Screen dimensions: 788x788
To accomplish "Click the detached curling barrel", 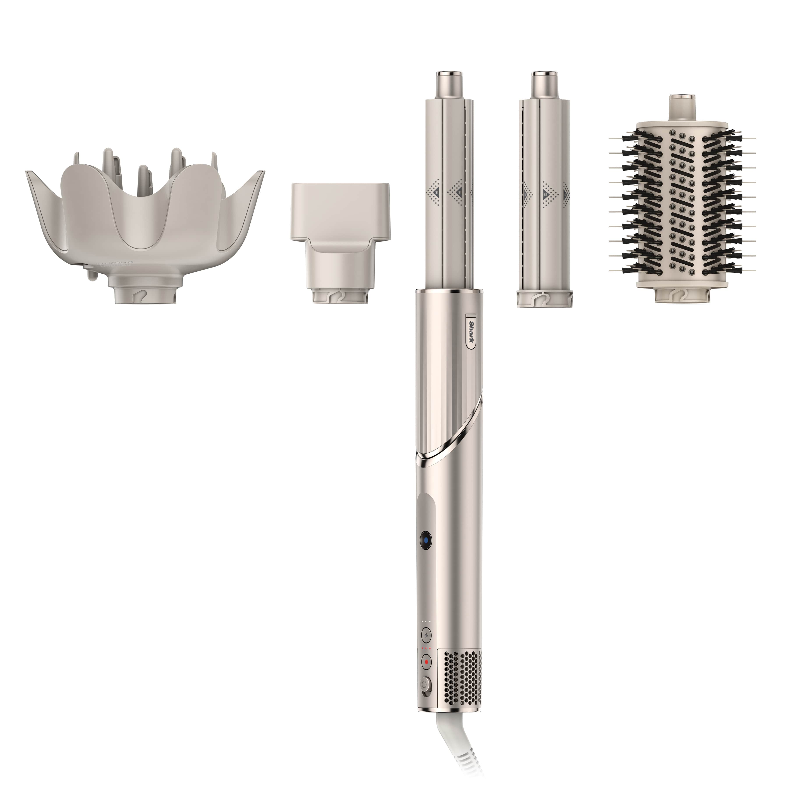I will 545,196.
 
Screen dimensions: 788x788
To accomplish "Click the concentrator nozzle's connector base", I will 341,296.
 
